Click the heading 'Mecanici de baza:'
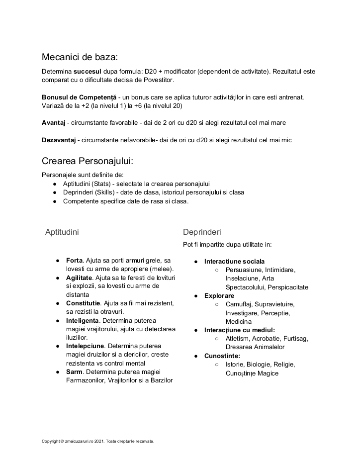point(80,57)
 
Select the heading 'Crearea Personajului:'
point(88,162)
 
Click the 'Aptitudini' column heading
point(62,232)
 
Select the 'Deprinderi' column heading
point(202,232)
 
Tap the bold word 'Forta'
point(74,261)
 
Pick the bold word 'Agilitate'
point(79,278)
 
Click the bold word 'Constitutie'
point(83,303)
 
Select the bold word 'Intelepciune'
point(85,346)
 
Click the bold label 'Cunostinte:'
point(222,356)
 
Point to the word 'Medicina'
point(239,322)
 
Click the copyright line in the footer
point(98,441)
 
